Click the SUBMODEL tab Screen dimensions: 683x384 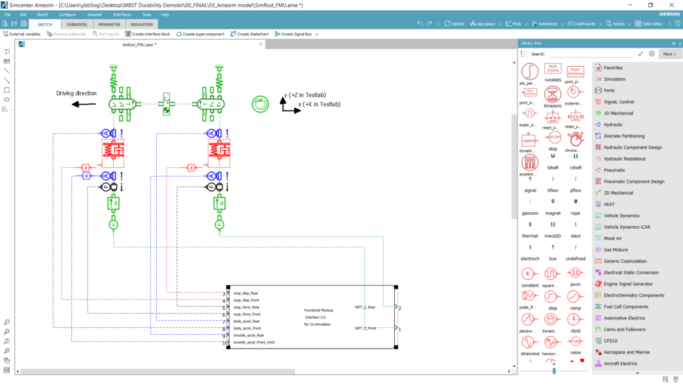[x=77, y=24]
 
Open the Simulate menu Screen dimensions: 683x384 [x=94, y=14]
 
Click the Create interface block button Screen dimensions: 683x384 [x=147, y=34]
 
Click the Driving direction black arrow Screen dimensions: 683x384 [x=83, y=104]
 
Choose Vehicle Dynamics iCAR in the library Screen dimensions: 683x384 [x=626, y=227]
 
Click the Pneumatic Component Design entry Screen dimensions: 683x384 [x=634, y=181]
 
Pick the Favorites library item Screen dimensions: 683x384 [x=613, y=67]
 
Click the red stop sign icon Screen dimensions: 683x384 [x=553, y=137]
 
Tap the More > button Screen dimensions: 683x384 [x=668, y=53]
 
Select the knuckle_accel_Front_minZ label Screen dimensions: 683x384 [x=254, y=342]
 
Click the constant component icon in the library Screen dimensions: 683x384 [x=529, y=273]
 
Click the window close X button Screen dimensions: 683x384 [x=671, y=5]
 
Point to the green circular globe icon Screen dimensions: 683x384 [x=260, y=103]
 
